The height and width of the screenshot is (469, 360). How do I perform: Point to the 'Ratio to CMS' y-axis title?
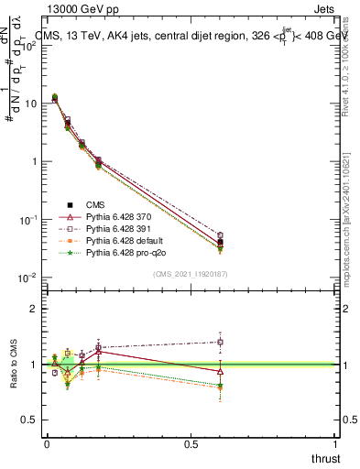tap(15, 365)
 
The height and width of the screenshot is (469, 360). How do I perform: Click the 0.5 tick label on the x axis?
tap(191, 442)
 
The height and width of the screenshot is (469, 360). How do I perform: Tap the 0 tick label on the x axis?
tap(47, 442)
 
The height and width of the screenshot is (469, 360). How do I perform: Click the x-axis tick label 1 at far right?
tap(335, 442)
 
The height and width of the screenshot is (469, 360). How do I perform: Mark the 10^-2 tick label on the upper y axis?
tap(29, 278)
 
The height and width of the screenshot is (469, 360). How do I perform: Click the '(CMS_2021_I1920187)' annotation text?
tap(191, 273)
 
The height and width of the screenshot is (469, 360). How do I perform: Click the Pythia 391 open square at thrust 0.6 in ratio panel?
tap(220, 343)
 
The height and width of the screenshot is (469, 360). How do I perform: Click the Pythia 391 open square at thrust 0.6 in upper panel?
tap(220, 235)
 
